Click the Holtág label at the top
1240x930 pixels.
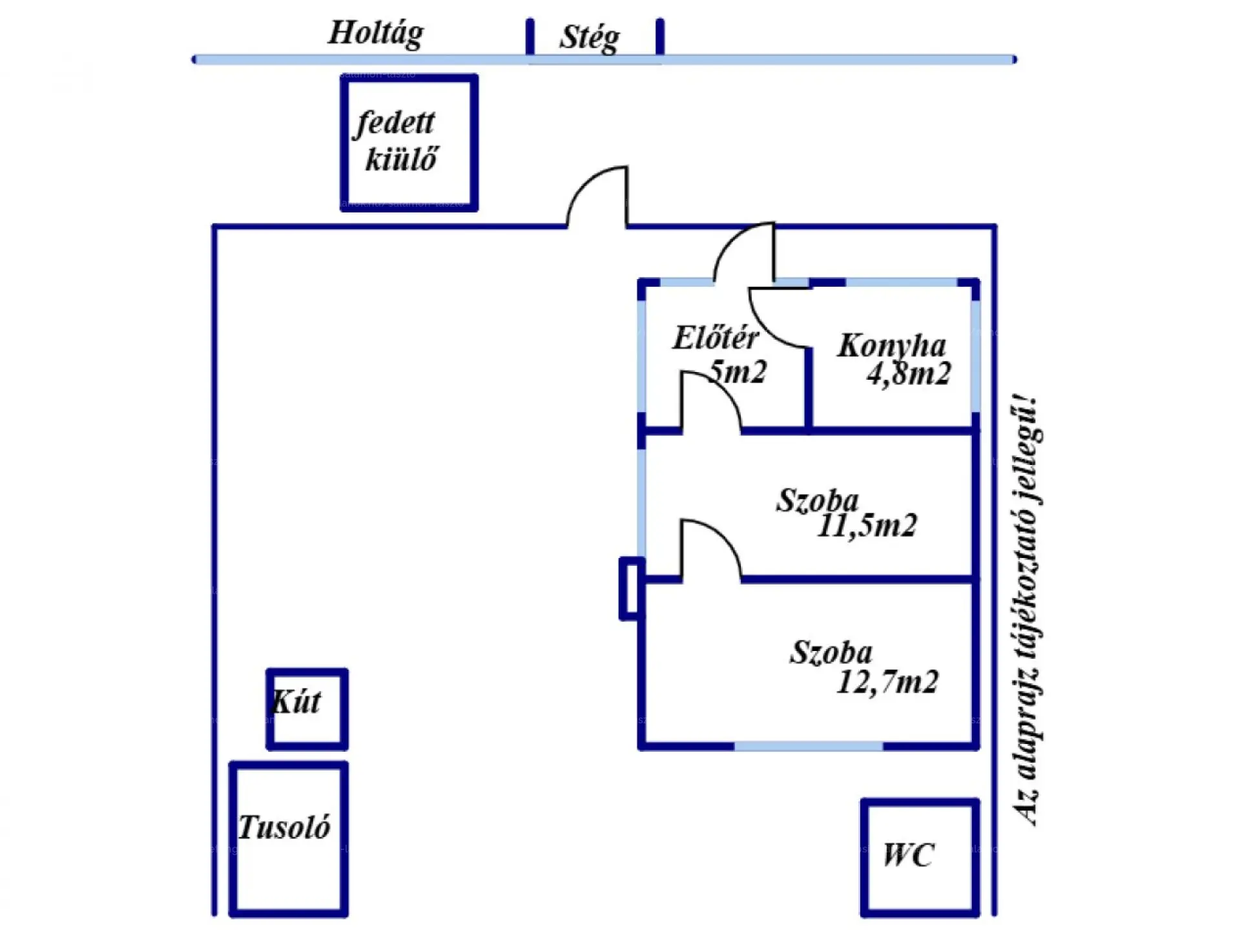pos(376,32)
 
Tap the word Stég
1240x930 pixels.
pos(589,37)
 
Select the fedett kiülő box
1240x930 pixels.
pos(409,143)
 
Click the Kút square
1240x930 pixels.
pos(307,709)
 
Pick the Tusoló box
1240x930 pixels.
pos(288,838)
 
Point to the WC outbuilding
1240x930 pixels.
pos(919,857)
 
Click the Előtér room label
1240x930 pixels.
pos(715,338)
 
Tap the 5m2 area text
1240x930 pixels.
pos(737,371)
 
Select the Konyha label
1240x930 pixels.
pos(891,346)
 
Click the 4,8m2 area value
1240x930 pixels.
pos(908,374)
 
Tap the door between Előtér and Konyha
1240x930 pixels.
pos(778,318)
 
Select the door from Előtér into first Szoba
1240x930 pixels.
pos(709,400)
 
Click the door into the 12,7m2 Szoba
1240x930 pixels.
pos(709,549)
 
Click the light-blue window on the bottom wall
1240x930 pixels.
pos(808,747)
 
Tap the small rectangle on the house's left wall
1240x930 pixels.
pos(630,588)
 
